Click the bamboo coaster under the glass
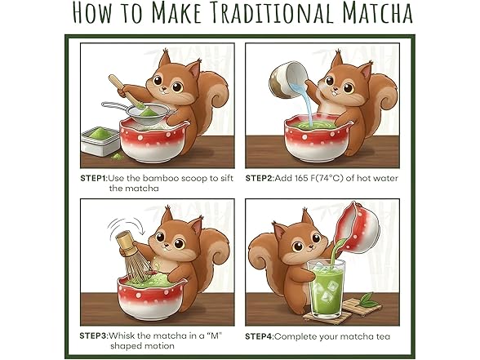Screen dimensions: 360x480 [x=331, y=313]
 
